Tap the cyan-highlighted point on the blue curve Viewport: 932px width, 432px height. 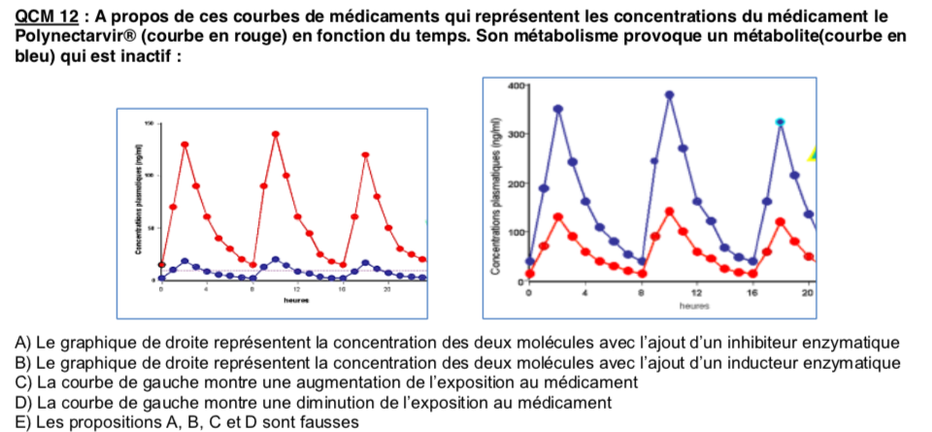pyautogui.click(x=780, y=121)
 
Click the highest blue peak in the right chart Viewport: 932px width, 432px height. pyautogui.click(x=670, y=95)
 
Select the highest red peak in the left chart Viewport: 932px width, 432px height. pyautogui.click(x=276, y=134)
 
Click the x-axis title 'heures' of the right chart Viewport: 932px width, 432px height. pyautogui.click(x=695, y=305)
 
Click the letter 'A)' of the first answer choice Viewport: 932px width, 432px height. pyautogui.click(x=24, y=343)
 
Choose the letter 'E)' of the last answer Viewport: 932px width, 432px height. pyautogui.click(x=24, y=421)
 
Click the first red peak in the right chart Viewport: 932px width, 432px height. pyautogui.click(x=558, y=216)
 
